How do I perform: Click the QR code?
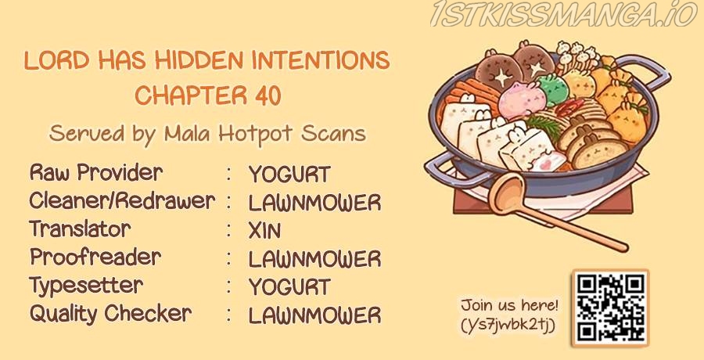point(610,308)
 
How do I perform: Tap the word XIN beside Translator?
point(264,231)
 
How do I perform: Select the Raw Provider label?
point(96,173)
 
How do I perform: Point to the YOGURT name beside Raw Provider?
point(289,175)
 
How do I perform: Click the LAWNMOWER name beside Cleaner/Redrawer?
point(314,203)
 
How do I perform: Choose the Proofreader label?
point(95,257)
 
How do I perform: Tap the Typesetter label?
point(86,286)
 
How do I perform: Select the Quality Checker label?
point(110,314)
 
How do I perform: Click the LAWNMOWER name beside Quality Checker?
point(314,315)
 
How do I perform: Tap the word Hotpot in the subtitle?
point(257,134)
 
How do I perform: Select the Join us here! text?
point(509,307)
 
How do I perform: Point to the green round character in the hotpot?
point(553,89)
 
